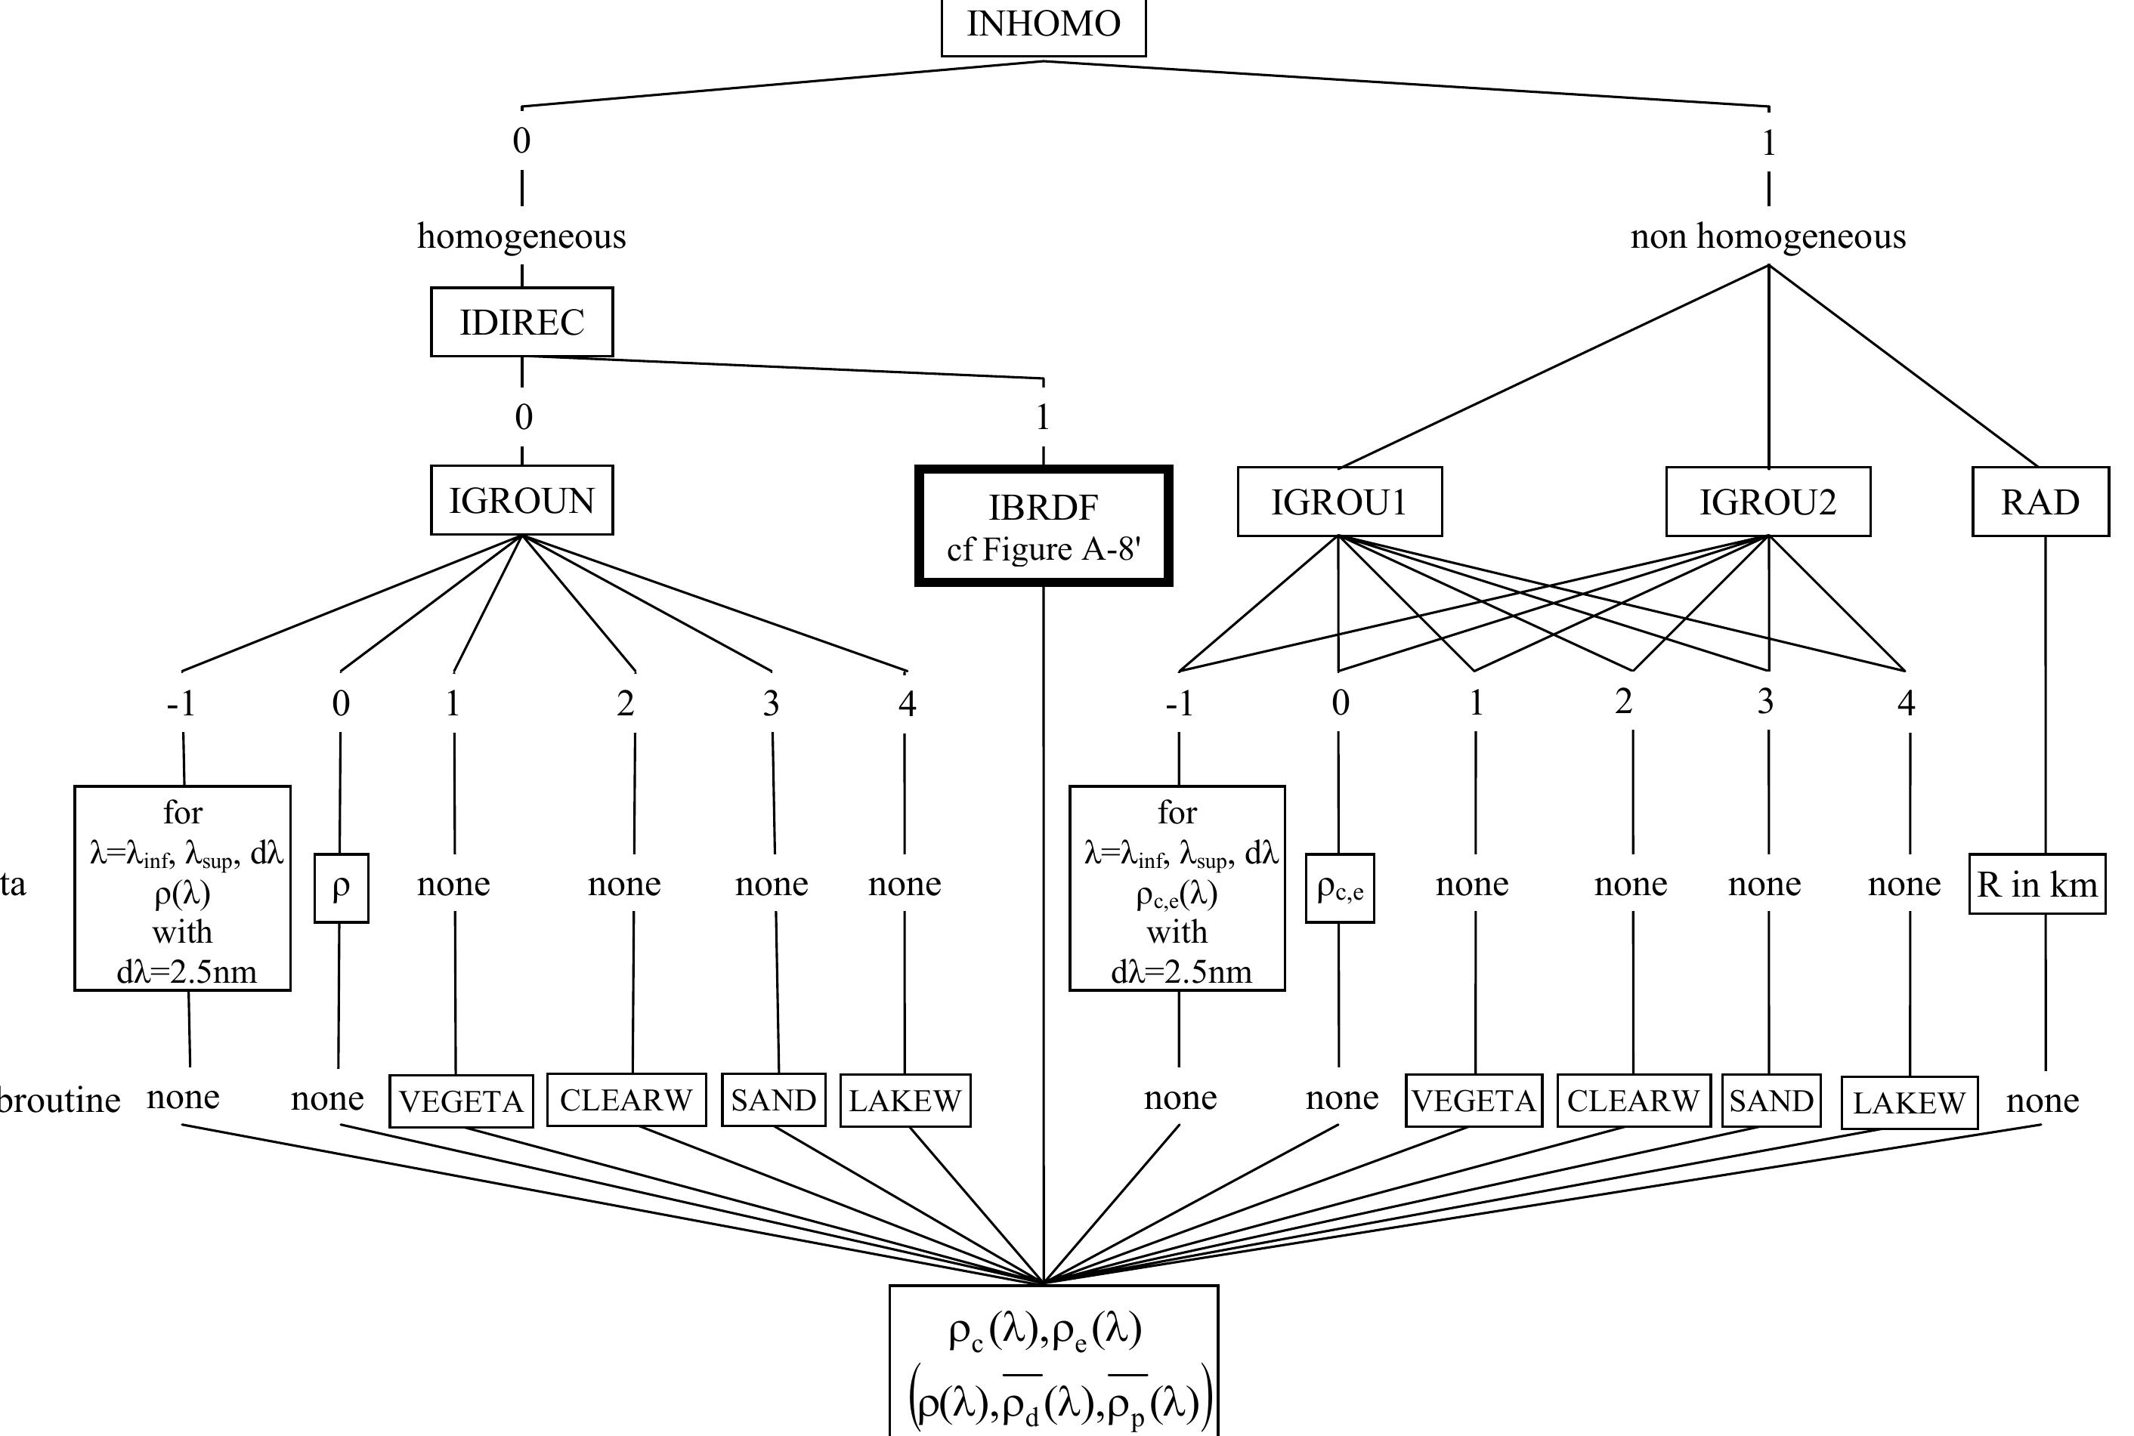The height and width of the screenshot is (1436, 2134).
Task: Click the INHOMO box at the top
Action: click(1043, 26)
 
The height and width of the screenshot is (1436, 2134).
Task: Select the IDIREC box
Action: click(522, 323)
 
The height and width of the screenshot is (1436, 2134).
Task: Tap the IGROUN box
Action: click(522, 501)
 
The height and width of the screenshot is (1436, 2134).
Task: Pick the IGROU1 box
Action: click(1339, 502)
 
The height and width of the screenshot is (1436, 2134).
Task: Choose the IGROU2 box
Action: click(1768, 502)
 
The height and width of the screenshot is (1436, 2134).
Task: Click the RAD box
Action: click(2040, 502)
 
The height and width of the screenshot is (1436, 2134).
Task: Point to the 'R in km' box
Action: click(2037, 885)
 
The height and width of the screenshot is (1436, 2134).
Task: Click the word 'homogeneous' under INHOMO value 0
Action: click(522, 236)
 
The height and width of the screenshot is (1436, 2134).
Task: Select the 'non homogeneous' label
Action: click(1768, 236)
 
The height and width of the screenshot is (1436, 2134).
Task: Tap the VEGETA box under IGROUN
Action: click(462, 1101)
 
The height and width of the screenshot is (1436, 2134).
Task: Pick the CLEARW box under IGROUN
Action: click(626, 1100)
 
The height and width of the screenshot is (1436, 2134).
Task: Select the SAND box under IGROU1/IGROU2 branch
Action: click(1771, 1101)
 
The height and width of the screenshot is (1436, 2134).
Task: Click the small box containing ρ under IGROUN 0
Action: click(341, 888)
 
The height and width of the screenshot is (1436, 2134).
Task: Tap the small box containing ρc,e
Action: click(1340, 888)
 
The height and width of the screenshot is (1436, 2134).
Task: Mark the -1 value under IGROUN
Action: click(181, 703)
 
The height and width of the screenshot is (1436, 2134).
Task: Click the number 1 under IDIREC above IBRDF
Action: click(1042, 418)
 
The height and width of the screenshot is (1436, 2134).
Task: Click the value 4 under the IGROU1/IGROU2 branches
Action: click(1906, 703)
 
